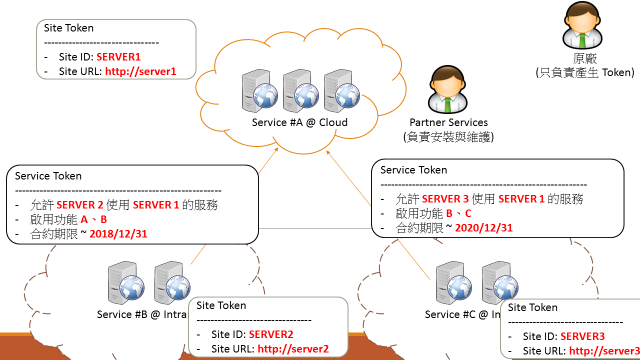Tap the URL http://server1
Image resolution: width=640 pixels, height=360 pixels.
point(140,71)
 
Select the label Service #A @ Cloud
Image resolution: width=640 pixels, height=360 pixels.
point(299,122)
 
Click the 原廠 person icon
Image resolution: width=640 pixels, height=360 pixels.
point(582,26)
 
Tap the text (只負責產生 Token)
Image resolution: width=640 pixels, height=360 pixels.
point(584,72)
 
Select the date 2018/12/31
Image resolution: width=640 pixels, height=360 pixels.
point(118,233)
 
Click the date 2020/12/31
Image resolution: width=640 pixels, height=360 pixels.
point(483,228)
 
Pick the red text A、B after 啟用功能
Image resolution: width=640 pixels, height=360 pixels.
point(93,219)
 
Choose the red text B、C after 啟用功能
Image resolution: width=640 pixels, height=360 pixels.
point(458,213)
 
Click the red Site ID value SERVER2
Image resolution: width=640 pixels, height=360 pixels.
point(271,334)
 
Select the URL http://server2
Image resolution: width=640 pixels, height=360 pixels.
point(293,349)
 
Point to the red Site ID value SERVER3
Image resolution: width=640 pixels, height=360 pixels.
point(582,336)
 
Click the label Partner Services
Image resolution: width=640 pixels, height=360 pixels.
point(448,122)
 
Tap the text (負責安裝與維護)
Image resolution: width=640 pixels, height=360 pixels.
point(448,136)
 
